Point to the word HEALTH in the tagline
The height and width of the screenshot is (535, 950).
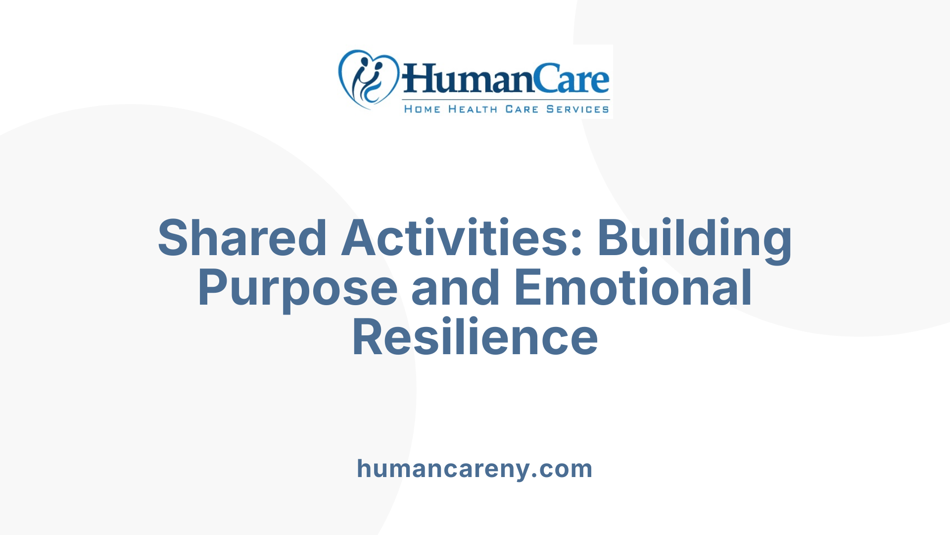tap(473, 109)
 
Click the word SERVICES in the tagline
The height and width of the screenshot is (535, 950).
tap(577, 109)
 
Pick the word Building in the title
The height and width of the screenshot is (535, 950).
tap(695, 238)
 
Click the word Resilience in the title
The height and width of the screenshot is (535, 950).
tap(475, 338)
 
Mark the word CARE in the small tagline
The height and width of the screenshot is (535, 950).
tap(522, 109)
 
